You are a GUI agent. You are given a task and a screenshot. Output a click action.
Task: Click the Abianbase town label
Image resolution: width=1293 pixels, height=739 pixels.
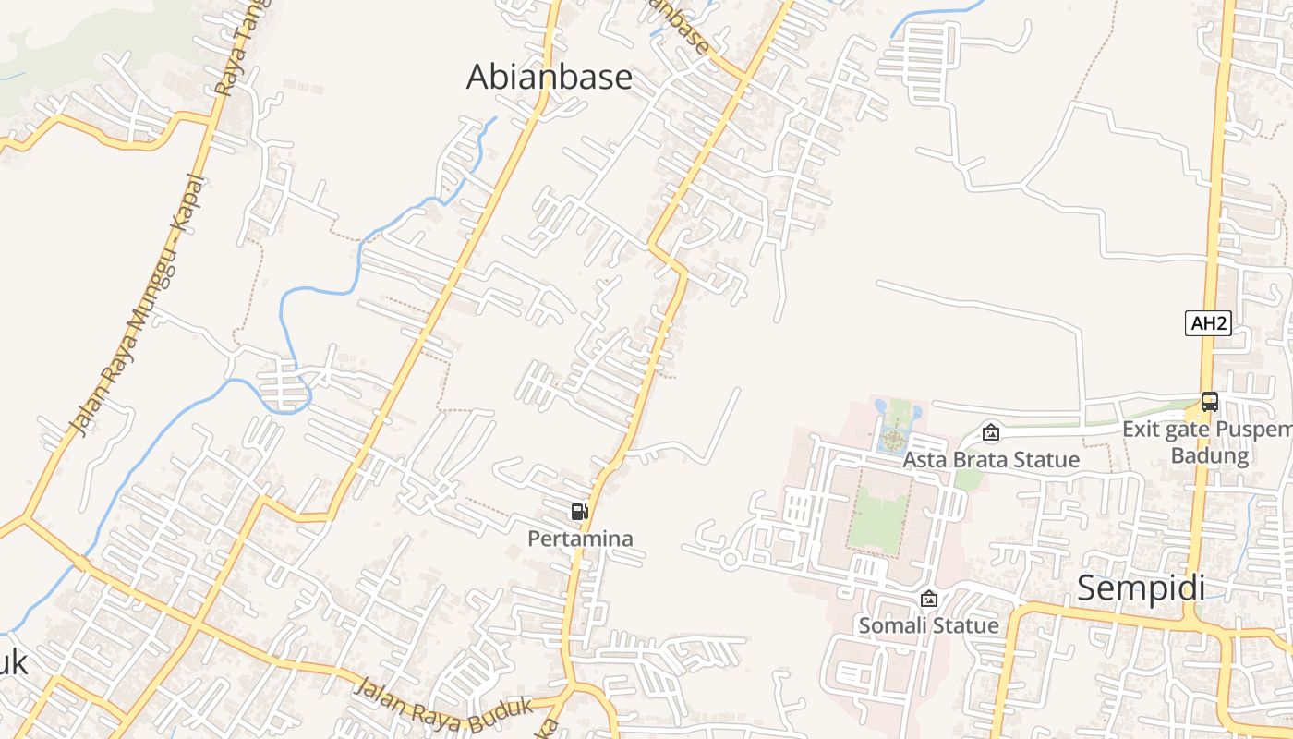pyautogui.click(x=549, y=77)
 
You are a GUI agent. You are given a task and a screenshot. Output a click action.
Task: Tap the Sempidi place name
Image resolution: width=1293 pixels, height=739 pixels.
pyautogui.click(x=1141, y=588)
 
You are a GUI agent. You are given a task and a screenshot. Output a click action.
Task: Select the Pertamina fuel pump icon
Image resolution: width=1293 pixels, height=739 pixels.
pyautogui.click(x=579, y=512)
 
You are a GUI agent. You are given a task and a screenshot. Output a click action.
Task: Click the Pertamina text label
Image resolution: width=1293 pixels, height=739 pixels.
pyautogui.click(x=580, y=538)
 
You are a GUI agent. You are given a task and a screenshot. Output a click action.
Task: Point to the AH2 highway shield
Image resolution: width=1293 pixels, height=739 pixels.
pyautogui.click(x=1209, y=323)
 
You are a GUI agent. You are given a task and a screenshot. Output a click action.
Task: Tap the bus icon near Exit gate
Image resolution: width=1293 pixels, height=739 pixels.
pyautogui.click(x=1209, y=402)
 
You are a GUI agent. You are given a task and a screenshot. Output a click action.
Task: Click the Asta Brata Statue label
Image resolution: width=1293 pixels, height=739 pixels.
pyautogui.click(x=991, y=459)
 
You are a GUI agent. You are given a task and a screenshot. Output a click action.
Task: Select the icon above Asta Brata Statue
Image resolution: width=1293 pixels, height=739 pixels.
pyautogui.click(x=991, y=431)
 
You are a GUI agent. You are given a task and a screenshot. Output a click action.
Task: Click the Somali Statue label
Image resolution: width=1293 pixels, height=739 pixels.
pyautogui.click(x=928, y=625)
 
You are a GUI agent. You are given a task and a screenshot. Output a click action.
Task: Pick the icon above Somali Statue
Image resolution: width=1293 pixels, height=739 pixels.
pyautogui.click(x=929, y=599)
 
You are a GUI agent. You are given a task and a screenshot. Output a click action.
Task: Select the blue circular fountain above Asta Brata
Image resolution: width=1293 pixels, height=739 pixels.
pyautogui.click(x=892, y=441)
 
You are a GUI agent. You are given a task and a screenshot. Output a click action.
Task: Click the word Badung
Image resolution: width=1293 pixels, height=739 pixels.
pyautogui.click(x=1209, y=455)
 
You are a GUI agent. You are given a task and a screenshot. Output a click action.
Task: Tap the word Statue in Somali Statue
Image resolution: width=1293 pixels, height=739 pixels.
pyautogui.click(x=966, y=625)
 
